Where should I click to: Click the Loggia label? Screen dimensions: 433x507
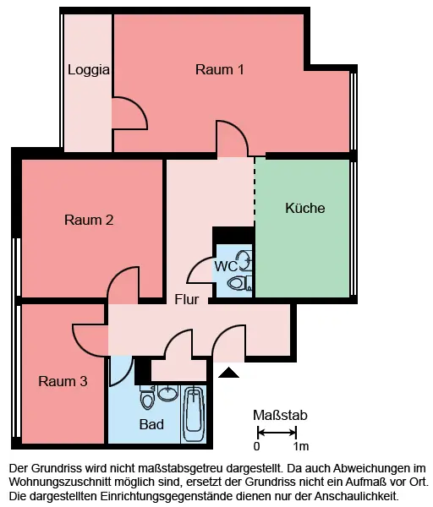[88, 70]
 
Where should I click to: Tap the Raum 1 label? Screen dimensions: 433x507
[219, 69]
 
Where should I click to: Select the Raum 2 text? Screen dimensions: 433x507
[89, 220]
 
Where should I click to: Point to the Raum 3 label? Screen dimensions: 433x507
[63, 381]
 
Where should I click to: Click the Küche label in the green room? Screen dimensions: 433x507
[304, 208]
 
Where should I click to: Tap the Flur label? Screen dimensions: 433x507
[186, 299]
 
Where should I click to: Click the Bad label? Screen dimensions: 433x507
[151, 424]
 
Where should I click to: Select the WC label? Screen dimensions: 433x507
[226, 266]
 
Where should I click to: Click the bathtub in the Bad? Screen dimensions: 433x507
[193, 414]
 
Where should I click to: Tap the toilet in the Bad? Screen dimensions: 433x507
[147, 398]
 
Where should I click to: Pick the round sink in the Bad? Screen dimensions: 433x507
[168, 393]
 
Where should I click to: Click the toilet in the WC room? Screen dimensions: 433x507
[240, 283]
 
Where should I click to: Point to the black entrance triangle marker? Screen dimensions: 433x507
[229, 373]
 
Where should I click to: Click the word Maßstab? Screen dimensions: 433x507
[280, 416]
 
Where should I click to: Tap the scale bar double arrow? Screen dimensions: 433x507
[277, 433]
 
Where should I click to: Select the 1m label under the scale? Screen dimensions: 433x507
[301, 446]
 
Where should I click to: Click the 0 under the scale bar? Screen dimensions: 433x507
[256, 446]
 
